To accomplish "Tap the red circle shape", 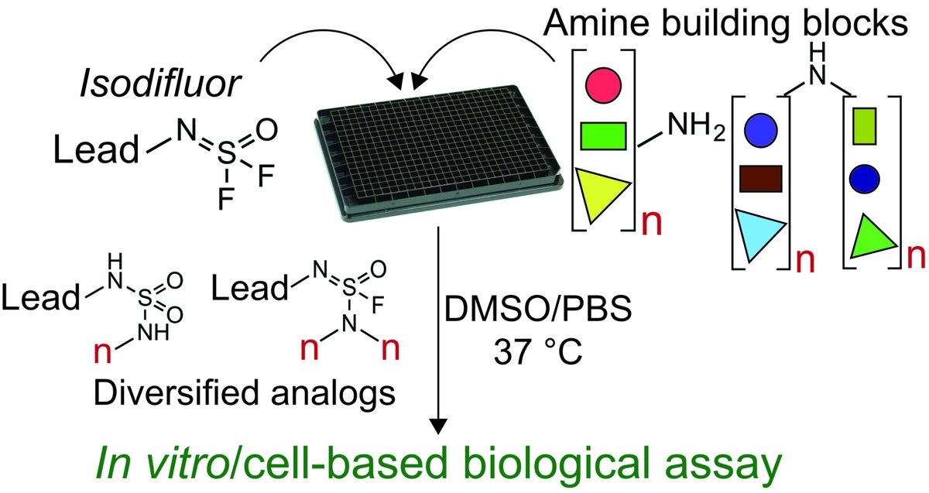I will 602,82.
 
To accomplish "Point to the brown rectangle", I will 761,178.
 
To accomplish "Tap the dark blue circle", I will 865,178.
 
